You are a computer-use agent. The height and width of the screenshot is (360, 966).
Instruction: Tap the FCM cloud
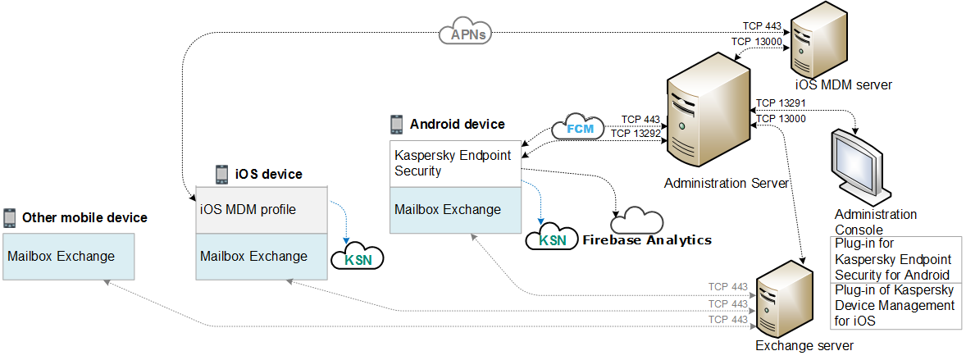point(579,129)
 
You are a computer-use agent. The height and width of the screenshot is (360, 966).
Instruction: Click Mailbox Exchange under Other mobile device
point(68,256)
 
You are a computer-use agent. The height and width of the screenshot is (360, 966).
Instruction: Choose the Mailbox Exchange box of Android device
point(455,210)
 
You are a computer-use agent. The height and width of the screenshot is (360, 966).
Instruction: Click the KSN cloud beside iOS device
point(357,258)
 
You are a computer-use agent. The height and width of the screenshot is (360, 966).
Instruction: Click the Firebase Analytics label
point(647,239)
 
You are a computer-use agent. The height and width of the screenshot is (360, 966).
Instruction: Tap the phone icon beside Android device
point(396,124)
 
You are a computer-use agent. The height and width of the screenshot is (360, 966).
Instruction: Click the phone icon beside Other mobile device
point(9,217)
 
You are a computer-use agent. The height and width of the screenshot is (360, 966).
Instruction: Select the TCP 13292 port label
point(636,132)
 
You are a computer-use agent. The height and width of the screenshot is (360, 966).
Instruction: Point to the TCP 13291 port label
point(780,103)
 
